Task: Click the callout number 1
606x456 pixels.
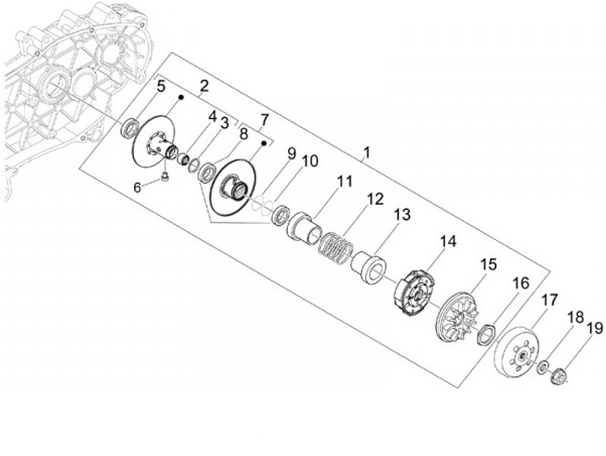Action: click(x=366, y=154)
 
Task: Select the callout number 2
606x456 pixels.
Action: click(x=203, y=86)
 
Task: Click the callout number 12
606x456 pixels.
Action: click(x=374, y=200)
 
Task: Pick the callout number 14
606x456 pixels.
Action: click(x=448, y=241)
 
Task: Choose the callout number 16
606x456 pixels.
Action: click(x=521, y=282)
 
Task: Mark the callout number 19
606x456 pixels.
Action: click(x=594, y=328)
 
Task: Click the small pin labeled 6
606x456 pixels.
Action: click(x=165, y=176)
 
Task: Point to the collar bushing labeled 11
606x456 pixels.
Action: click(x=304, y=226)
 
